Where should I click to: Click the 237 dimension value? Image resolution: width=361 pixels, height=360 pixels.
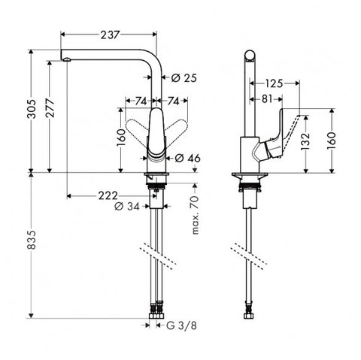click(x=111, y=35)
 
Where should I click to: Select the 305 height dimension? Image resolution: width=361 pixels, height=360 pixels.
click(x=32, y=109)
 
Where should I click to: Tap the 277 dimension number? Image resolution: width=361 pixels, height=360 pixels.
click(x=50, y=108)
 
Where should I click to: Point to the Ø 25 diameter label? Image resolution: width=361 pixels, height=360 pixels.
click(x=184, y=78)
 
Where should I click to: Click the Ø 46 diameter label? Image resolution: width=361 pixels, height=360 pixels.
click(x=187, y=158)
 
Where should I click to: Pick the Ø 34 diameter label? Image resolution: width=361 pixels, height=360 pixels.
click(x=127, y=207)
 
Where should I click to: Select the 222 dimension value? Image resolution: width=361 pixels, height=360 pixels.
click(x=108, y=195)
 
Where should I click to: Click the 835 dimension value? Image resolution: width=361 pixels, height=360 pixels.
click(x=32, y=240)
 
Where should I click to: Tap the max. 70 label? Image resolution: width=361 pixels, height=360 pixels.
click(x=195, y=215)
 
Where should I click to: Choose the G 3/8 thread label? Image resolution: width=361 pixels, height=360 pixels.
click(x=181, y=325)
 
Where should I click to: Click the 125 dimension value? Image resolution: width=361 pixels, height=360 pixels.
click(x=274, y=83)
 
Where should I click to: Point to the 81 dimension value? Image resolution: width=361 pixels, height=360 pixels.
click(x=267, y=99)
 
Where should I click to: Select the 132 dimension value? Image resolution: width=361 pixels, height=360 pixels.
click(x=305, y=142)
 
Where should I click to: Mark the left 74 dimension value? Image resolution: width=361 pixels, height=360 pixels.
click(x=141, y=101)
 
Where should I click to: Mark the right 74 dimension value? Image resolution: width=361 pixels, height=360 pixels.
click(x=173, y=101)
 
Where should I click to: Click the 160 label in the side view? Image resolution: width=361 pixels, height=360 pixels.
click(x=332, y=141)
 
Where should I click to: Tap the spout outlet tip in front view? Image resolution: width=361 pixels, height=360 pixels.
click(x=67, y=59)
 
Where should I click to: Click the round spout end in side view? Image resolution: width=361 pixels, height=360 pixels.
click(x=250, y=56)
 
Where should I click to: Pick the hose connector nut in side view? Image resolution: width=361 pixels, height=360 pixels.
click(x=248, y=316)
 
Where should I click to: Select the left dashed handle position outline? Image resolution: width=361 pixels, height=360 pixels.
click(x=137, y=127)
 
